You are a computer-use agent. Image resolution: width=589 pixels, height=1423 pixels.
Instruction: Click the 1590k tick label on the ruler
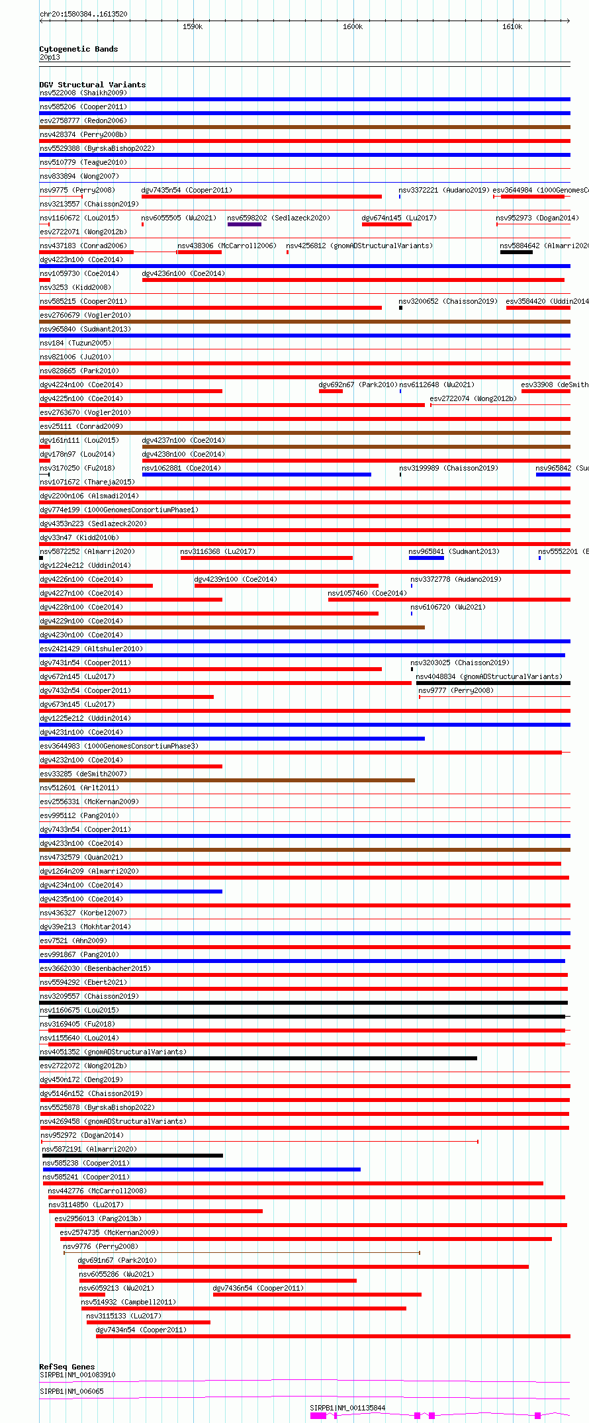[192, 26]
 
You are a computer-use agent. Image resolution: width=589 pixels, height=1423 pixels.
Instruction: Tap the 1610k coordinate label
[512, 26]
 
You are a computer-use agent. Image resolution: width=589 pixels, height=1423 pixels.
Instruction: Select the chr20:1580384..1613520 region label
[83, 14]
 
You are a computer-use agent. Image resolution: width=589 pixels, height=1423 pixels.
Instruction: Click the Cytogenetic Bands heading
[78, 49]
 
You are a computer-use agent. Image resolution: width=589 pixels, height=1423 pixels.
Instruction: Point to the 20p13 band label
[50, 57]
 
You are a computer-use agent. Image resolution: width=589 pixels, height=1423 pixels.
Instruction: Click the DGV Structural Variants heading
[92, 85]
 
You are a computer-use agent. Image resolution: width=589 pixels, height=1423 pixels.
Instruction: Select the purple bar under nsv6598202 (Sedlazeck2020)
[244, 224]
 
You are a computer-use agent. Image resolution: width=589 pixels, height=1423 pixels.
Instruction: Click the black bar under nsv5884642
[516, 252]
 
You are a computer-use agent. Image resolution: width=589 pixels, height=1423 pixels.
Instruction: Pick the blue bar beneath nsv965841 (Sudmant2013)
[426, 558]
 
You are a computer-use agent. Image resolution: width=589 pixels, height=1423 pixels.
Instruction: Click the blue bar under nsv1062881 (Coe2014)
[256, 475]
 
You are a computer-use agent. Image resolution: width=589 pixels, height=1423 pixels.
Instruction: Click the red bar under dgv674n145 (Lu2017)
[386, 224]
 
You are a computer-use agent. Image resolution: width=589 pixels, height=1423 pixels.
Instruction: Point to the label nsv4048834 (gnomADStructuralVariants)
[489, 676]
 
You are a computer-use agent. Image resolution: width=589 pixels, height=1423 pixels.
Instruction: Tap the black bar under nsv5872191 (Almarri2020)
[132, 1156]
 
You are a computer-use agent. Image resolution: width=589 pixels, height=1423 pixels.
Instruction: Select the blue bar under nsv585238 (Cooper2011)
[202, 1170]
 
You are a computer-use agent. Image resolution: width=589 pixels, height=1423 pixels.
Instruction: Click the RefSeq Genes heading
[67, 1367]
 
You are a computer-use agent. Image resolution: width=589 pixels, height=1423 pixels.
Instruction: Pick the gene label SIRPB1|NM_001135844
[347, 1408]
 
